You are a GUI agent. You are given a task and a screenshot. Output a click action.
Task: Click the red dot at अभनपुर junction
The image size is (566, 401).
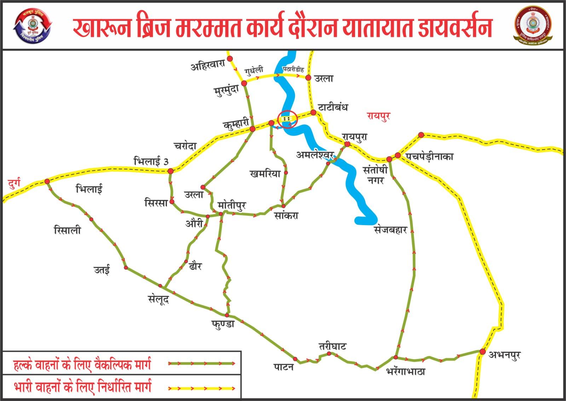point(482,351)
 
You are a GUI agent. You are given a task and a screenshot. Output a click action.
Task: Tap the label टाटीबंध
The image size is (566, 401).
point(333,107)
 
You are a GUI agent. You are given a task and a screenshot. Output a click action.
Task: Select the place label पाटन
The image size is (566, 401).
point(283,367)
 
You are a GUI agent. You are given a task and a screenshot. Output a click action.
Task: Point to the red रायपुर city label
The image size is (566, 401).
point(378,116)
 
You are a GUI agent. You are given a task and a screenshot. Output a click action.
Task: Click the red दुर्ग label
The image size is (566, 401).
point(14,183)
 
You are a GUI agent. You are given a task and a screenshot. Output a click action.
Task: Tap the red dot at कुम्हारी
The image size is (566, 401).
point(253,129)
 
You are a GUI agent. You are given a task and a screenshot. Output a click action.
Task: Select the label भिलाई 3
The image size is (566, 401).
point(151,161)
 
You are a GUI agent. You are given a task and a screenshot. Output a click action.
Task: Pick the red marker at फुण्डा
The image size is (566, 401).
point(227,315)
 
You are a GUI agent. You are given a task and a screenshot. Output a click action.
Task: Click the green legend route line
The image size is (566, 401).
point(202,363)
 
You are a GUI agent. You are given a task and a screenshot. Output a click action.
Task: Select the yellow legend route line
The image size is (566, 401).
point(202,388)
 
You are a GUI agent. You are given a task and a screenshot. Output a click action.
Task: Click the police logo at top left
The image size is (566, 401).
point(32,25)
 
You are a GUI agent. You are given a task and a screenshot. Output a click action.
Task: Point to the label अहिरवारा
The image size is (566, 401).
point(208,67)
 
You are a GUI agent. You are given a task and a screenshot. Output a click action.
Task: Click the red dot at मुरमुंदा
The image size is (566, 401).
point(244,83)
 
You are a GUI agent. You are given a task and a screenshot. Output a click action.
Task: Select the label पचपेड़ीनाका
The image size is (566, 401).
point(429,156)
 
